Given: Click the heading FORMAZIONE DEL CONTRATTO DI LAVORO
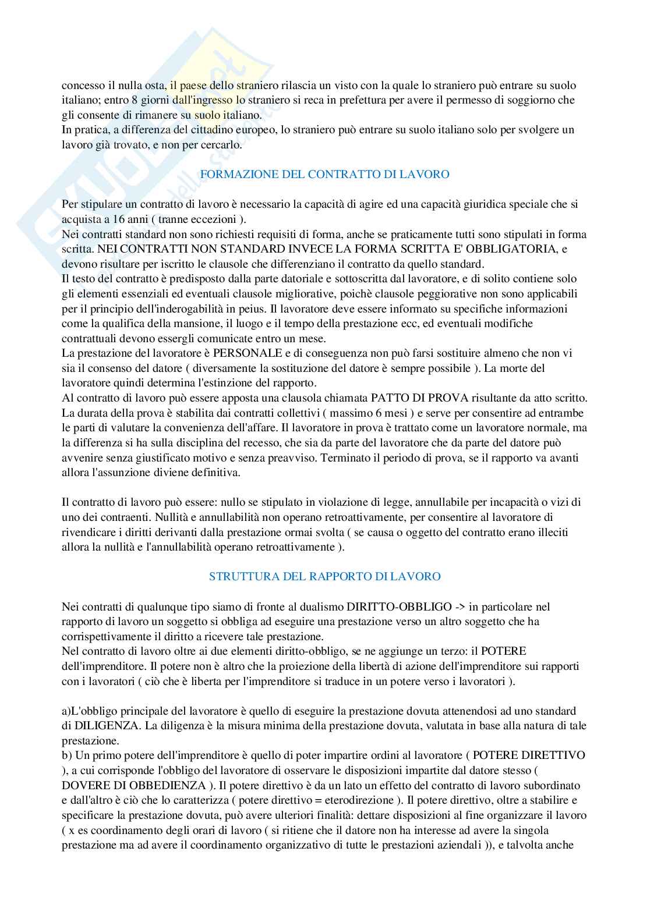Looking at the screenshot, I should tap(324, 175).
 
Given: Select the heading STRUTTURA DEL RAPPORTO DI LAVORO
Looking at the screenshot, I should tap(324, 577).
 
